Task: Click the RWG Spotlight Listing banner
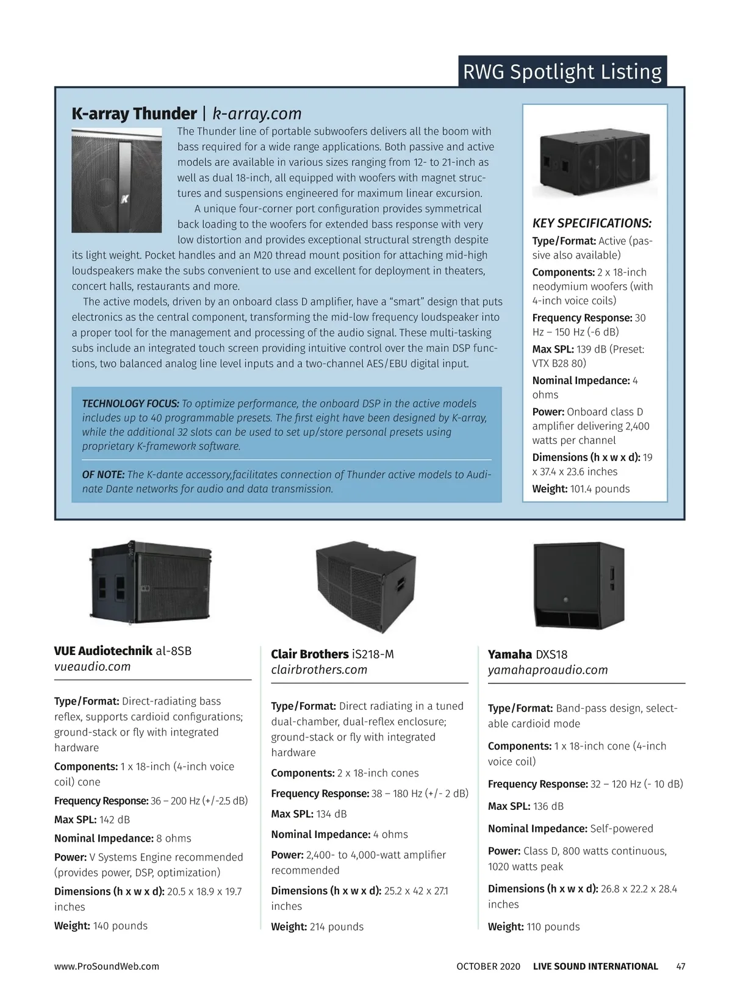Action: click(562, 71)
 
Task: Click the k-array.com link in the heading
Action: click(257, 114)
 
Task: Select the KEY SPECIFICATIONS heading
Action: click(592, 223)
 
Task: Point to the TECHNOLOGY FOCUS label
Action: click(131, 404)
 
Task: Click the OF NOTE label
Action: click(104, 474)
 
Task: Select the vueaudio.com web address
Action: click(92, 667)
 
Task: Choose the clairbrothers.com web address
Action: click(319, 670)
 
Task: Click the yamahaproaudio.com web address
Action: click(548, 670)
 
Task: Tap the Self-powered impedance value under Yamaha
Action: click(622, 829)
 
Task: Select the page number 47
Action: click(681, 967)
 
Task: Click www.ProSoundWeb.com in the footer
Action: click(107, 967)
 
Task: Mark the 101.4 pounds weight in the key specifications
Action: click(600, 489)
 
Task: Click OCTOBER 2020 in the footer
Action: click(488, 967)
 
